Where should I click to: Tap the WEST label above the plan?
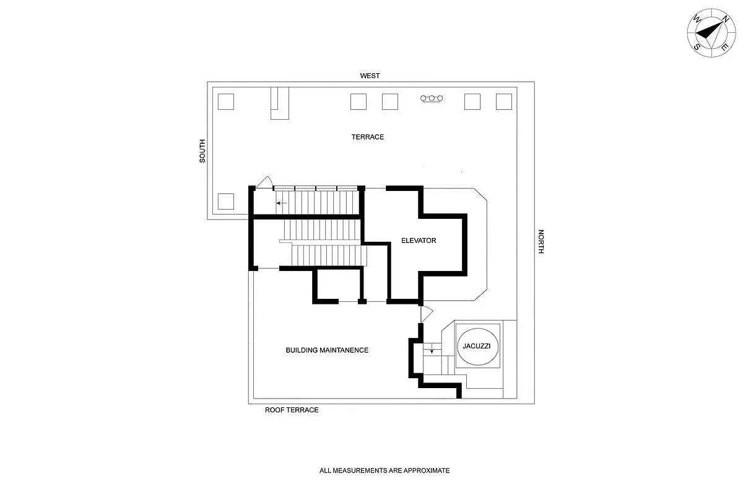tap(370, 76)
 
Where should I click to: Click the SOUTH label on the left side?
tap(202, 151)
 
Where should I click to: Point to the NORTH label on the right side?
tap(541, 242)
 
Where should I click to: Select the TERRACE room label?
tap(368, 137)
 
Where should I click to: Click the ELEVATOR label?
tap(418, 241)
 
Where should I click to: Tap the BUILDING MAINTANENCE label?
tap(326, 350)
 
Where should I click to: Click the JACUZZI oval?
tap(477, 346)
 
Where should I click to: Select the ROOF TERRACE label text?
tap(292, 410)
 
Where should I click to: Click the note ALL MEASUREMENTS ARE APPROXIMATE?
tap(385, 471)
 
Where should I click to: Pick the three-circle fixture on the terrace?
tap(432, 99)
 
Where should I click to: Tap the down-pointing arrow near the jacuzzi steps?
tap(432, 351)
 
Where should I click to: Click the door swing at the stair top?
tap(264, 182)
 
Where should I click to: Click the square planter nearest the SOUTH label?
tap(226, 201)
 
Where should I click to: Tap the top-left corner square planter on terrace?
tap(226, 101)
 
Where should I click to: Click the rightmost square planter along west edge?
tap(504, 101)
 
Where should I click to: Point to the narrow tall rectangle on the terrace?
tap(279, 103)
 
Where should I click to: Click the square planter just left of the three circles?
tap(389, 101)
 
